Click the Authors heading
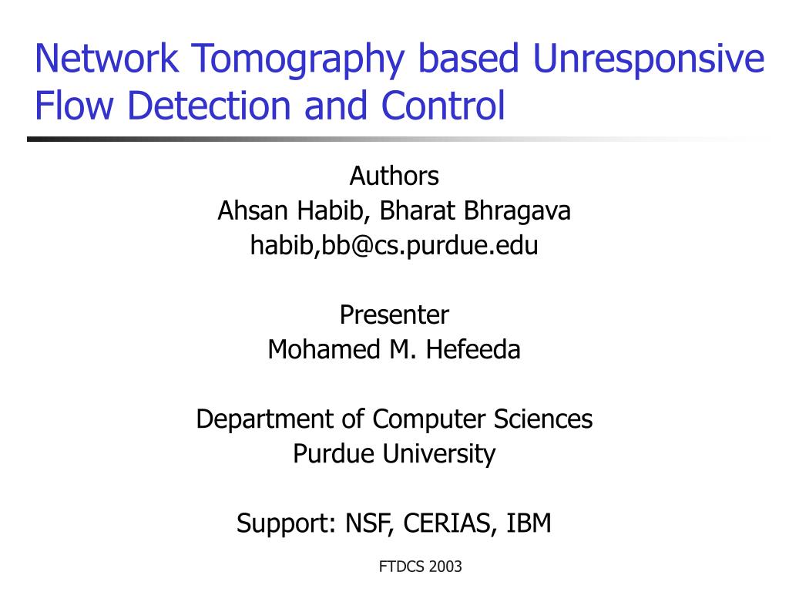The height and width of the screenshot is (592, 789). tap(394, 176)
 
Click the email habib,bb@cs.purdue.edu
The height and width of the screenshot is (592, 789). tap(394, 246)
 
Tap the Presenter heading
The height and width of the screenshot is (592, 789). tap(394, 314)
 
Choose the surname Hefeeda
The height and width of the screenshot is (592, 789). tap(473, 349)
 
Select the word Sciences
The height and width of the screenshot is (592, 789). tap(543, 419)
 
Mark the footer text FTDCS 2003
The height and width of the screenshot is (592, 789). tap(421, 567)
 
